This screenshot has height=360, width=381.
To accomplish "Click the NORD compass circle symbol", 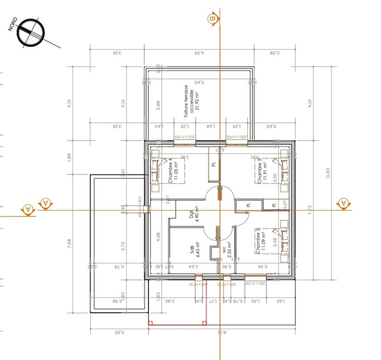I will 31,33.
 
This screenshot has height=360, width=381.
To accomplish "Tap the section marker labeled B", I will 212,19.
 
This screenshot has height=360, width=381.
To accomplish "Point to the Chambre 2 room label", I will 260,241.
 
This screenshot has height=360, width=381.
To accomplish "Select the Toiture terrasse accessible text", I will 191,101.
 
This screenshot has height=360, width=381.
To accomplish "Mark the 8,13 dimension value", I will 222,332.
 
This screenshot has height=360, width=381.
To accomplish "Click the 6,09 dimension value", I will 199,53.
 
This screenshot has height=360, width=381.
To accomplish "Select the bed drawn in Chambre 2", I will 283,240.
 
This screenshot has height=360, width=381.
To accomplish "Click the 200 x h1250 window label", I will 255,284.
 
